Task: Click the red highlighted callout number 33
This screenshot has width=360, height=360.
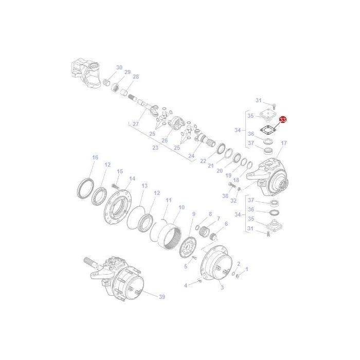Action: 282,120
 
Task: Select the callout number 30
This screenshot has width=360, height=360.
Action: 119,67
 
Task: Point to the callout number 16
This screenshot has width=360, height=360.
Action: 95,157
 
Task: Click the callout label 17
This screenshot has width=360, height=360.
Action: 284,143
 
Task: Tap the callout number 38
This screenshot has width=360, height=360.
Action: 225,196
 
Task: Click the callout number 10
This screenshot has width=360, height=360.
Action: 181,208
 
